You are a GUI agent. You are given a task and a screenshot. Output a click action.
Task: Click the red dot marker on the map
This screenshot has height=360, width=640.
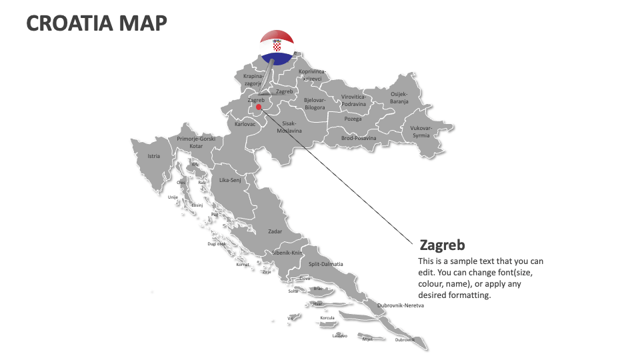coord(258,107)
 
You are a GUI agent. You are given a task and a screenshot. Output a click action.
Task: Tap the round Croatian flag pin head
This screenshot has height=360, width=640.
coord(277,47)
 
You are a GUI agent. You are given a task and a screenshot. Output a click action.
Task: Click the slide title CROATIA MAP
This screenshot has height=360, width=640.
coord(97,23)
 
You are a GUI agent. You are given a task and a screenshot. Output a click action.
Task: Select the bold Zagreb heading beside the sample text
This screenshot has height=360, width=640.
coord(442,245)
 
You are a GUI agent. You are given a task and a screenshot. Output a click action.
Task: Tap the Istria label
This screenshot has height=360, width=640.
coord(154,157)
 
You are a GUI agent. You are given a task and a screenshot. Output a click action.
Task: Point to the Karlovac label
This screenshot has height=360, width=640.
coord(245,124)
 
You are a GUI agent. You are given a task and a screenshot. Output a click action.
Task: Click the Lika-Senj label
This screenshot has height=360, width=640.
coord(230,180)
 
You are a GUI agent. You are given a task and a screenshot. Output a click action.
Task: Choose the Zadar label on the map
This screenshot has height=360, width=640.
coord(275,231)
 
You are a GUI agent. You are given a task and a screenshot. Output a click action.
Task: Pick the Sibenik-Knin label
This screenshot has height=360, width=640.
coord(287,253)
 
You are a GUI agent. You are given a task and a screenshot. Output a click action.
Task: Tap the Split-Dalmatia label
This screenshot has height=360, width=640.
coord(325,264)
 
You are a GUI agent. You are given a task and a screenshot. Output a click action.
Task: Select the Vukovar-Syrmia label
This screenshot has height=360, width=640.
coord(421,131)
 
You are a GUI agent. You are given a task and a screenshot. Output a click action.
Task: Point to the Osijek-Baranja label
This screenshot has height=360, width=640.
coord(399,97)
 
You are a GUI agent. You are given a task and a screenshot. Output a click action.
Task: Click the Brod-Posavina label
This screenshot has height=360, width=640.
coord(359,138)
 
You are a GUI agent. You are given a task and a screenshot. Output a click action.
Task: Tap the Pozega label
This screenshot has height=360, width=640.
coord(353,119)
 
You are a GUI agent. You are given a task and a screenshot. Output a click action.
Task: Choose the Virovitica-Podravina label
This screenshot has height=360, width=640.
coord(353,100)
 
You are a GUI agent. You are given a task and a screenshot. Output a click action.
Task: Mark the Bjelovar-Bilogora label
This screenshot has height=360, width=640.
coord(315,103)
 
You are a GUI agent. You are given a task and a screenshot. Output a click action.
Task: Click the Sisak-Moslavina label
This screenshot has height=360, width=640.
coord(289,127)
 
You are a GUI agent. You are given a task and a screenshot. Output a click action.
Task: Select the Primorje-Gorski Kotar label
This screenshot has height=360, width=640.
coord(196,142)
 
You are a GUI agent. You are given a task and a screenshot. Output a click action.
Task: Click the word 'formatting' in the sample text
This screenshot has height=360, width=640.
coord(469,295)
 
